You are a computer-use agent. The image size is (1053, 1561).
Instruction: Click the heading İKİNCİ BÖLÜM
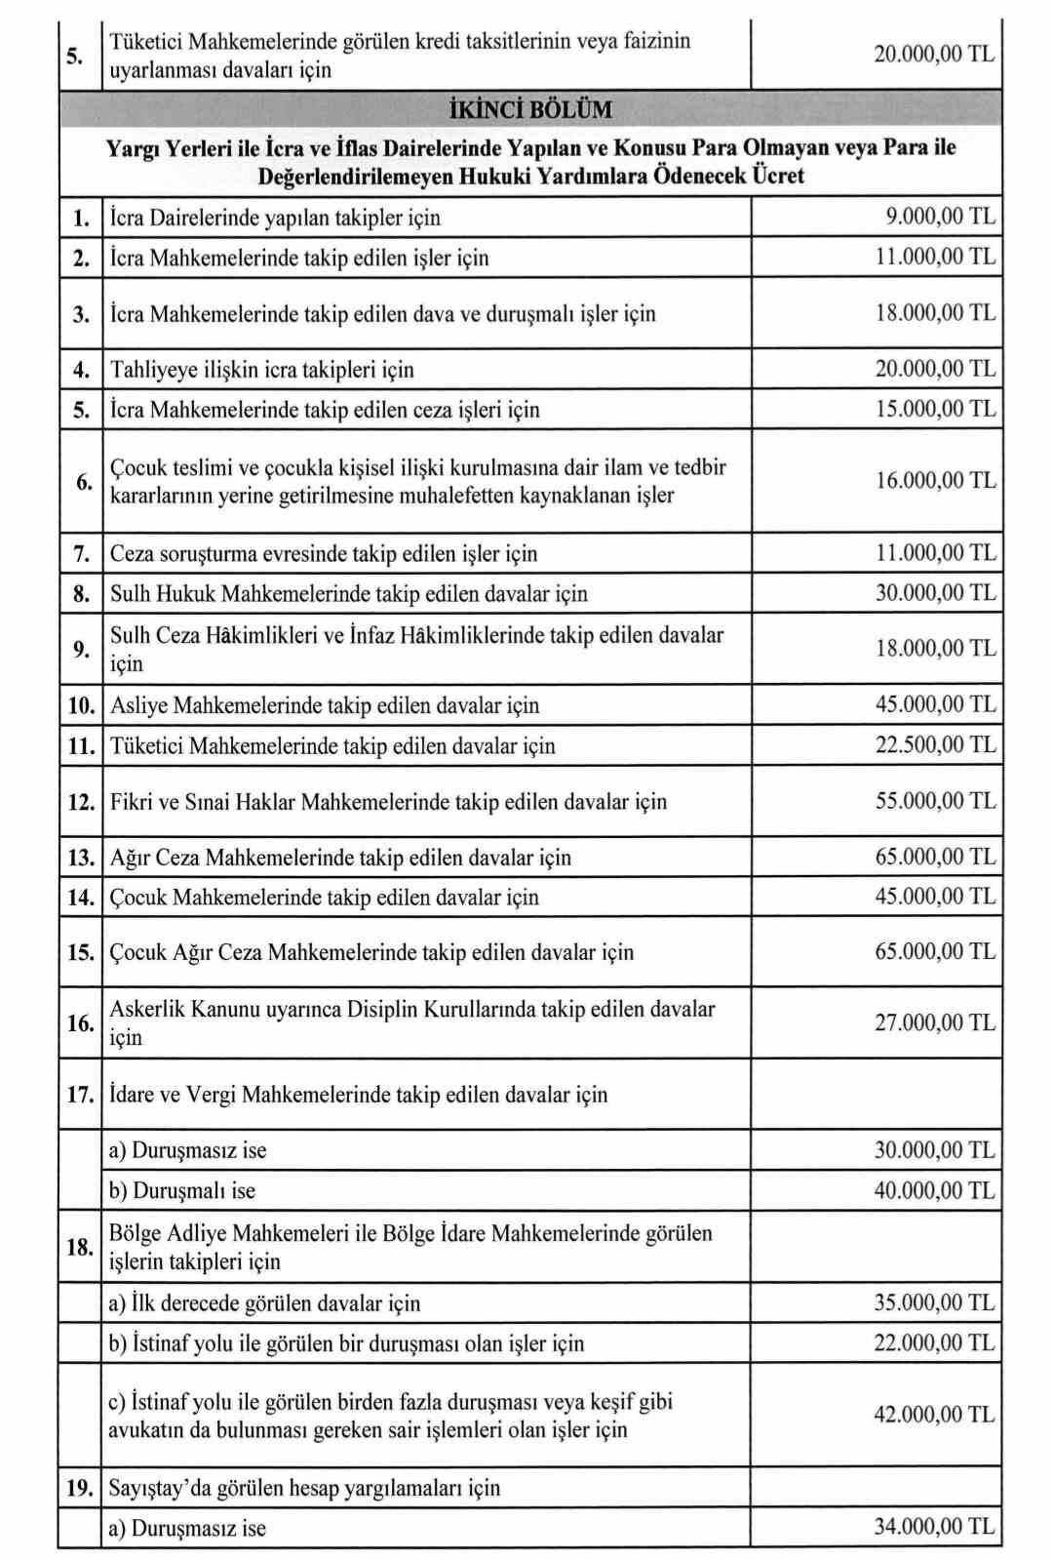point(530,108)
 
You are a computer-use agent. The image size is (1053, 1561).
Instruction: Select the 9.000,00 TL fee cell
point(940,216)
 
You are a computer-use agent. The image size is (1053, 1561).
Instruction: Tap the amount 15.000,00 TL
point(935,408)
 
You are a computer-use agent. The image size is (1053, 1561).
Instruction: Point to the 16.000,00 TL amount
point(935,480)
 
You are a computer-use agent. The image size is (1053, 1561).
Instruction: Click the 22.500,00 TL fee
point(935,744)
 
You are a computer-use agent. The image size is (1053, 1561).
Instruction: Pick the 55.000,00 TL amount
point(935,801)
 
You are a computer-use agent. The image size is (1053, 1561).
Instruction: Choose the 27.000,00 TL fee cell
point(935,1022)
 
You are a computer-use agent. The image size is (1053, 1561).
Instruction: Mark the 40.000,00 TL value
point(935,1189)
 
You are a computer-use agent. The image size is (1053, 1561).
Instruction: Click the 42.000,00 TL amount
point(935,1414)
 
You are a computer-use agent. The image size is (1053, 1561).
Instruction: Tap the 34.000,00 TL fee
point(935,1526)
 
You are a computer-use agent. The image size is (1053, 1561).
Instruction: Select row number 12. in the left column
point(81,802)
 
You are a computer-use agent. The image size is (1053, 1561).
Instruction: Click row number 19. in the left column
point(80,1488)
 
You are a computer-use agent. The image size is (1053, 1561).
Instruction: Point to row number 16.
point(80,1022)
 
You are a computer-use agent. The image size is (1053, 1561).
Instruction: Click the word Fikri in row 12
point(131,802)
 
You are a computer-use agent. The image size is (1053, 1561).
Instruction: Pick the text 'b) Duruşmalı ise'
point(182,1190)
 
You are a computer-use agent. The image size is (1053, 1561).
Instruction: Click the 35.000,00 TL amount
point(935,1301)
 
